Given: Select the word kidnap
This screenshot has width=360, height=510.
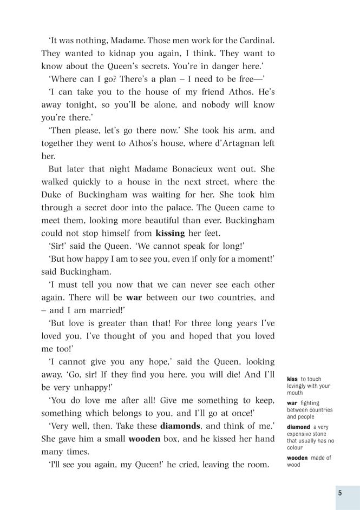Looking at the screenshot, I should pos(112,54).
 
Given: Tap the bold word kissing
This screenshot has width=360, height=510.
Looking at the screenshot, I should pos(170,234).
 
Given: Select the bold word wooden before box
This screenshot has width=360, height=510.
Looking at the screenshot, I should pos(144,439).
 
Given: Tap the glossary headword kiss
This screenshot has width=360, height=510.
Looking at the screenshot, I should pos(292,380).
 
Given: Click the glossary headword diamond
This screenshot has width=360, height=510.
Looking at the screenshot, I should pos(298,427).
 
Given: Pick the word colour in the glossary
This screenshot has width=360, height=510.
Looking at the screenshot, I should pos(296,448).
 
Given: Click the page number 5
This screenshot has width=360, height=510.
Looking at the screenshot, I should pos(340,493).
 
